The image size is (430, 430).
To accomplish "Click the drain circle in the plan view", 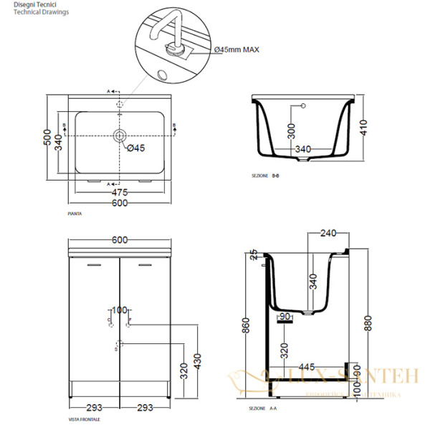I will click(x=120, y=135).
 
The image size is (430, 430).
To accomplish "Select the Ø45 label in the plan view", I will click(x=135, y=148).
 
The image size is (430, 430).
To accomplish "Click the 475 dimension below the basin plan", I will click(x=120, y=192).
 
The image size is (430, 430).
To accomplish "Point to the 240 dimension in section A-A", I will click(x=328, y=233).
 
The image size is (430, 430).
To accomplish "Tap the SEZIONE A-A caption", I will click(x=264, y=408).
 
